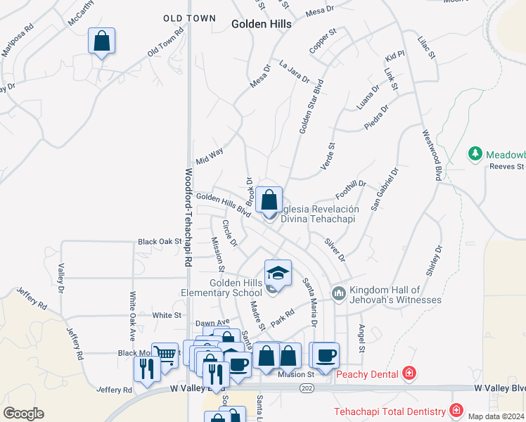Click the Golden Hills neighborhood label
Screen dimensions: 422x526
pyautogui.click(x=262, y=23)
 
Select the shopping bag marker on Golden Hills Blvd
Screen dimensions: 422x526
pyautogui.click(x=269, y=199)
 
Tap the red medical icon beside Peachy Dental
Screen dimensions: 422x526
pyautogui.click(x=409, y=373)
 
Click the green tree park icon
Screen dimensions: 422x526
pyautogui.click(x=475, y=153)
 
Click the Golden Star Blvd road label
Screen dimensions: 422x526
pyautogui.click(x=310, y=106)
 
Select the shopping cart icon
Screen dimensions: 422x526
pyautogui.click(x=165, y=354)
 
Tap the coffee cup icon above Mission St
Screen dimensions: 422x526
pyautogui.click(x=324, y=354)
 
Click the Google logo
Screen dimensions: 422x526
pyautogui.click(x=24, y=413)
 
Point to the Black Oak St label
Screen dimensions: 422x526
pyautogui.click(x=160, y=241)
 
